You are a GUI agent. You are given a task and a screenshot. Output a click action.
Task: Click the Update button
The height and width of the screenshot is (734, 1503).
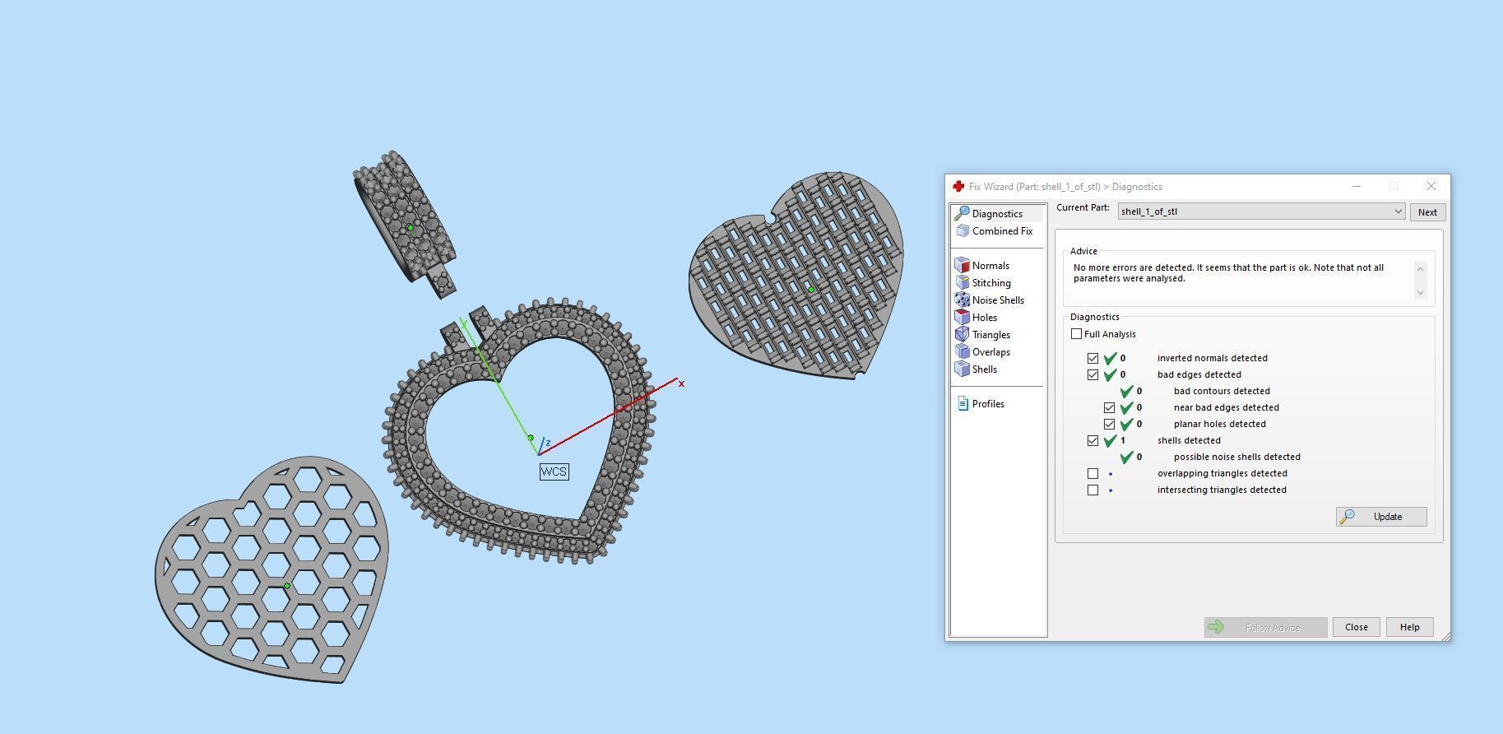1381,517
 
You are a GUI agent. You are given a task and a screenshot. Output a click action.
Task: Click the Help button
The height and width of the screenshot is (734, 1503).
1409,627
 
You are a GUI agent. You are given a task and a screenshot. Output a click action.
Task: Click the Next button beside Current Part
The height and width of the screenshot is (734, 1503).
1427,212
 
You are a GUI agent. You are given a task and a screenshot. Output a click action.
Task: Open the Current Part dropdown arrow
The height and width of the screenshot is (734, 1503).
1398,211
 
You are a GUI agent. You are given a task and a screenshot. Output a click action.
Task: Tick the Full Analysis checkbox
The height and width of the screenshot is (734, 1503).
1076,334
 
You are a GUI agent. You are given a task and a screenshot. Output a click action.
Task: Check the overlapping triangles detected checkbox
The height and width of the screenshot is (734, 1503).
1092,473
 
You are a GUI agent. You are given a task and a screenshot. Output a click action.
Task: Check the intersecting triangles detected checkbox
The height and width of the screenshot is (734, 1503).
1092,490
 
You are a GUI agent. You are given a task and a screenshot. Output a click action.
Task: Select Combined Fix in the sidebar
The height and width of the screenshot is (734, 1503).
1001,231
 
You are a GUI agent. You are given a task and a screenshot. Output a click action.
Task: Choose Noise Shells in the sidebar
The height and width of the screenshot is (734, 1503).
997,300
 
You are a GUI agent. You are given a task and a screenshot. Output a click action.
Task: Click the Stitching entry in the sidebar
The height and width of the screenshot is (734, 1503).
990,283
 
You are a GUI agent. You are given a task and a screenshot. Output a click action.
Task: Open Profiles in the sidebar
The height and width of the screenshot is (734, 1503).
987,404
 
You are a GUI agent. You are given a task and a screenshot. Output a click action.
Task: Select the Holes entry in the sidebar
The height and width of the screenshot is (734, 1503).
984,318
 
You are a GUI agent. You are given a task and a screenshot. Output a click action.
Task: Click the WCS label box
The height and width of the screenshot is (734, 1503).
554,472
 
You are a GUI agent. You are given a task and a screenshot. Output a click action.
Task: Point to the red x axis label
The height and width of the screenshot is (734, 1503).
681,383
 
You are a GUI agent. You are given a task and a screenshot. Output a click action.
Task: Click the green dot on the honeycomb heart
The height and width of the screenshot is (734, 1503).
287,586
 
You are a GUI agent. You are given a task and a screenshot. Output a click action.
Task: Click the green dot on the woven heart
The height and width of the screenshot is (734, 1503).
811,290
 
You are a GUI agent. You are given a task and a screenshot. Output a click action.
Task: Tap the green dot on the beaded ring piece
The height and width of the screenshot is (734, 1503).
411,228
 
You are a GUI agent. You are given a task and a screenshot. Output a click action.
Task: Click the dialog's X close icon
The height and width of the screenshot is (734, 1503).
1431,186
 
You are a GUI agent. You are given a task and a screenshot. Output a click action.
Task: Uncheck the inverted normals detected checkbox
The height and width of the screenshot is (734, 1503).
1092,358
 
